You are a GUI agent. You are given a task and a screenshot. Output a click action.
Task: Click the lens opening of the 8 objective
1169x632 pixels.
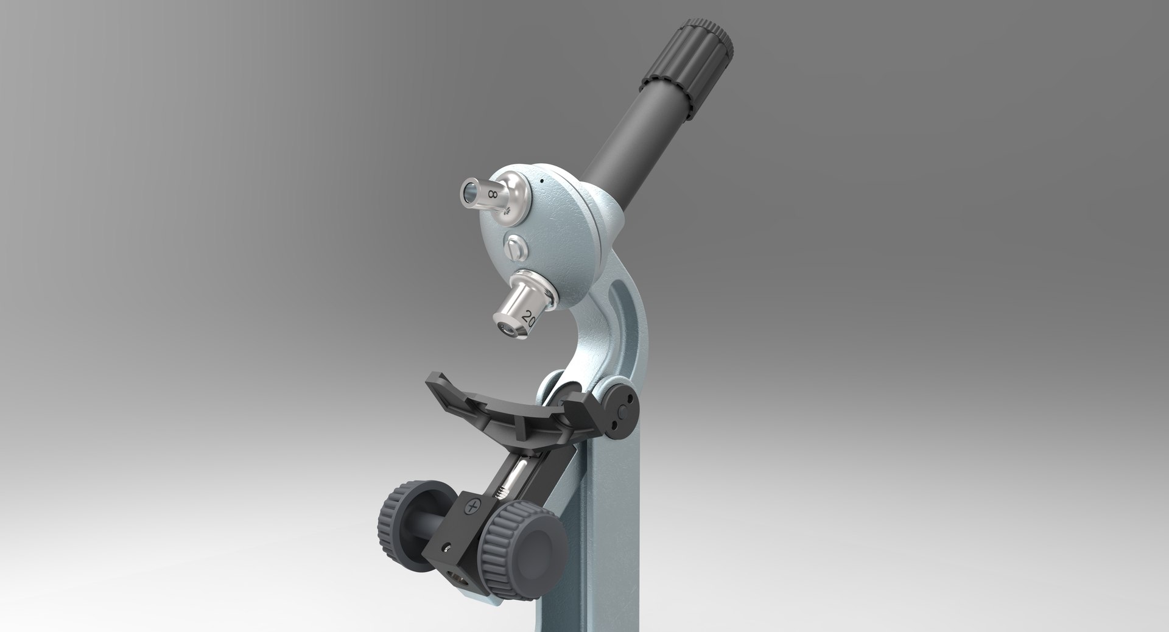point(468,193)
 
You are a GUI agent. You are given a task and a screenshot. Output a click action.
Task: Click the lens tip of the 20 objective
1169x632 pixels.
point(505,328)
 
